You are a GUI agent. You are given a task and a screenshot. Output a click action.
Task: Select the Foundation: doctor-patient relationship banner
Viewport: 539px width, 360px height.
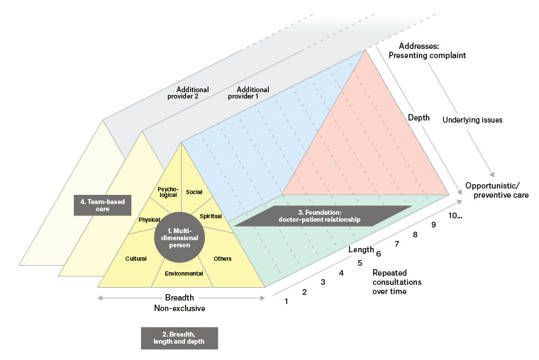(x=323, y=216)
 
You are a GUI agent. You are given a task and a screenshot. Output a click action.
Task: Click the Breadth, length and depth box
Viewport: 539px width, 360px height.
(x=179, y=338)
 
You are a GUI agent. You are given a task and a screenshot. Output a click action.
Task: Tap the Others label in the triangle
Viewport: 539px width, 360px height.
(x=223, y=259)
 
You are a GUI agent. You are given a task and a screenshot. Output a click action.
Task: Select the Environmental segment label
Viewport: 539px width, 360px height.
(x=184, y=273)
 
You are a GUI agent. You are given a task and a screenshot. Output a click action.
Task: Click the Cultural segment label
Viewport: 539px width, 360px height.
(x=135, y=259)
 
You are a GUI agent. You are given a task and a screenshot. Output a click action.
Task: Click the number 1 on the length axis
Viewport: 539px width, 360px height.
(x=287, y=303)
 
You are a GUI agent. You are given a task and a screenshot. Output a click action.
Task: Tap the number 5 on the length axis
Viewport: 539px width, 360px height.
(x=360, y=263)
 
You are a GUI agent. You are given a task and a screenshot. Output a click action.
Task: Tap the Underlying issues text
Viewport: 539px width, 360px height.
(x=472, y=120)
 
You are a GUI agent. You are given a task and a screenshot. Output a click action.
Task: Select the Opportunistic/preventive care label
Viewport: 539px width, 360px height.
(x=495, y=189)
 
